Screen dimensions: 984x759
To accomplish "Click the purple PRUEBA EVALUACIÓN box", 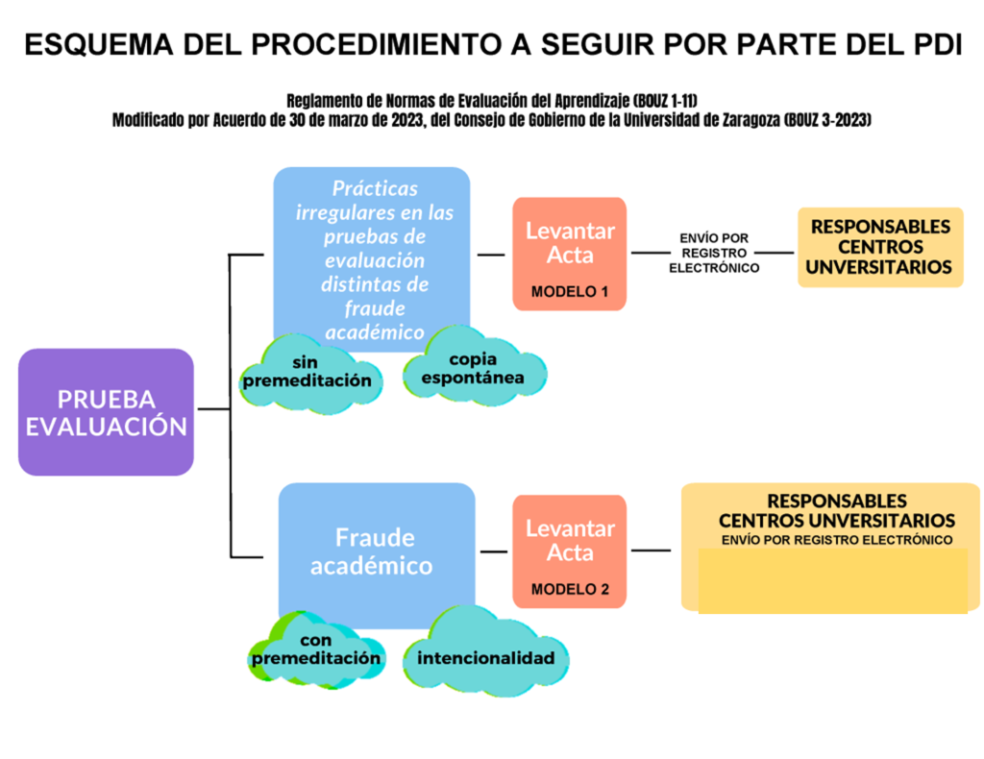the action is click(106, 412).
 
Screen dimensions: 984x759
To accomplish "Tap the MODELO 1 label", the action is click(570, 292).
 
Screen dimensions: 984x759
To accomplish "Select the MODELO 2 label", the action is click(570, 589).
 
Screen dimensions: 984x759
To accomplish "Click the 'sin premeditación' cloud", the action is click(310, 375).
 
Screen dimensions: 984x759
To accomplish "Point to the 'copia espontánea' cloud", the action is click(474, 366).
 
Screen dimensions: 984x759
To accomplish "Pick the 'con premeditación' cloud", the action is click(317, 650).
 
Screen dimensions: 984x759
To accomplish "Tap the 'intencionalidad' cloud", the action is click(485, 653).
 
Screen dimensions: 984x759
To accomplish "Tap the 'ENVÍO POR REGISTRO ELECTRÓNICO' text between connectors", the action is click(714, 253).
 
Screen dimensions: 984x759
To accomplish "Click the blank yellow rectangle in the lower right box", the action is click(833, 580).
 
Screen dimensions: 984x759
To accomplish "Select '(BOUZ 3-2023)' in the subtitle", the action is click(827, 120).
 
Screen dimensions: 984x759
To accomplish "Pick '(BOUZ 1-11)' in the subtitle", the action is click(665, 100).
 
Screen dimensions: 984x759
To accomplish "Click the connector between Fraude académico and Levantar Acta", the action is click(494, 552).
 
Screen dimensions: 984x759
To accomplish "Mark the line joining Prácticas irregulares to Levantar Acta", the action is click(491, 255).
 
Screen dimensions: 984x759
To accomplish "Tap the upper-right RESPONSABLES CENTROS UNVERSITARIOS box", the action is click(880, 247).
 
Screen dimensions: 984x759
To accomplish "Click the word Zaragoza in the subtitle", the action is click(750, 120).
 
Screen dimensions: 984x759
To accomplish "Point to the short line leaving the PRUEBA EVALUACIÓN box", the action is click(214, 409).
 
